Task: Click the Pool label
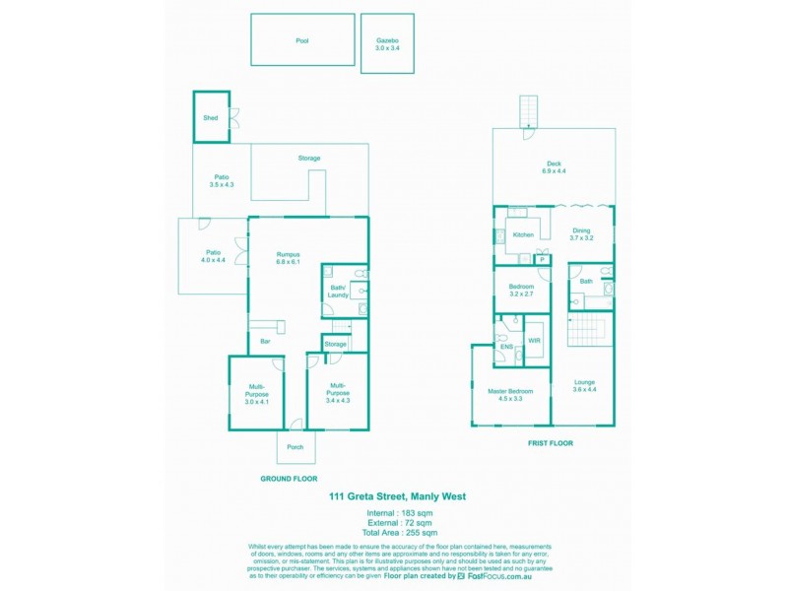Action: tap(301, 41)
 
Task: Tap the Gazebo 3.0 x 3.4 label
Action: tap(386, 44)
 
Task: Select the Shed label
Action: tap(210, 117)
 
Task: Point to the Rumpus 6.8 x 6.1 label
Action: tap(288, 258)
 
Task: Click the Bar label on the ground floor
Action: tap(265, 342)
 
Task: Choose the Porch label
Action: tap(295, 447)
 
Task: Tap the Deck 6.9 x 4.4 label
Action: tap(554, 167)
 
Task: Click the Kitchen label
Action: tap(523, 234)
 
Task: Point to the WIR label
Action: tap(535, 341)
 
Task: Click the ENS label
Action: tap(506, 348)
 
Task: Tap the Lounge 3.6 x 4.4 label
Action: tap(585, 385)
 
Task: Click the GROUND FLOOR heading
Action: tap(289, 478)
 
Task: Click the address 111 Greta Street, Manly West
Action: tap(397, 497)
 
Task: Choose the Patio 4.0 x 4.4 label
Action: tap(215, 256)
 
